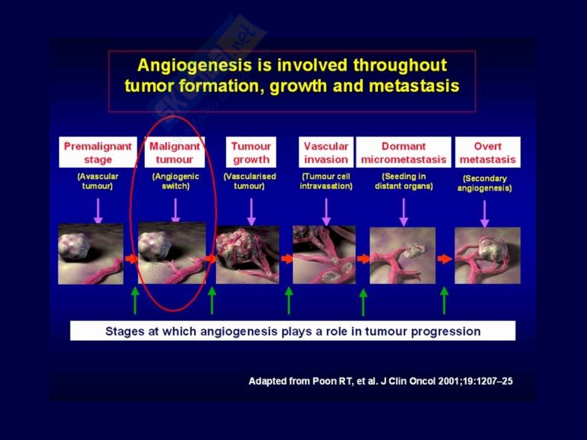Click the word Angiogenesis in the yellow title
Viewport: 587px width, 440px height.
click(x=195, y=66)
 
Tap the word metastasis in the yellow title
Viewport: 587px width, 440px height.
click(x=414, y=86)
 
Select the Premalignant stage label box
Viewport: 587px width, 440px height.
click(x=98, y=152)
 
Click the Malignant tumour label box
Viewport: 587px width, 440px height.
click(x=175, y=152)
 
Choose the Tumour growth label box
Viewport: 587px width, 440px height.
click(x=251, y=152)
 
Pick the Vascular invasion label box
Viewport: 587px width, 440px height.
click(x=326, y=152)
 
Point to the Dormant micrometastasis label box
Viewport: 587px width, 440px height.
click(x=404, y=152)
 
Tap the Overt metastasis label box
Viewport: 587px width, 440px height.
click(x=488, y=152)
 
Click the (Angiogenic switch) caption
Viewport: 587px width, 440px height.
click(x=176, y=181)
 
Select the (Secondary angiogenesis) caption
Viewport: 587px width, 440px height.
click(x=485, y=183)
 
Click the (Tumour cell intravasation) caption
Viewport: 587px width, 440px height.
click(x=326, y=181)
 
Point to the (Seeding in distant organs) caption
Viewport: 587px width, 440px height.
click(x=404, y=181)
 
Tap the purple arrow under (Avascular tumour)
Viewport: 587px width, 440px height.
click(x=98, y=211)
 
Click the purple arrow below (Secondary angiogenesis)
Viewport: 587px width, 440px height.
click(x=485, y=214)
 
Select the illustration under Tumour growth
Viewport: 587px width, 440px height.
click(x=247, y=255)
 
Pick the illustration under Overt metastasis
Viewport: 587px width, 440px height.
click(x=488, y=255)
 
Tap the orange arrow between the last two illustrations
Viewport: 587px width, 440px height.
click(x=445, y=259)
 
